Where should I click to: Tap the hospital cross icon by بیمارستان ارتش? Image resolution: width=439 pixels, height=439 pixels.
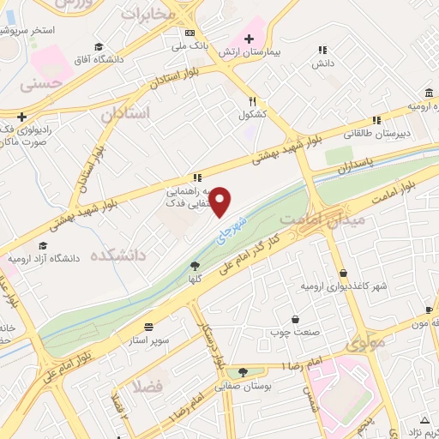249,38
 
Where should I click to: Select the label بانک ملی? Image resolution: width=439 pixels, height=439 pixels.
189,45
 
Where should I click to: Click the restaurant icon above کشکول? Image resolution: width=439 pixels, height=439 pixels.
253,100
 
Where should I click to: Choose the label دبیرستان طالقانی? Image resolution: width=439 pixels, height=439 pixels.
374,133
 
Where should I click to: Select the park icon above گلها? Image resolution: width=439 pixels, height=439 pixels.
195,266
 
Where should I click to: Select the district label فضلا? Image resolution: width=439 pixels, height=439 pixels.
147,387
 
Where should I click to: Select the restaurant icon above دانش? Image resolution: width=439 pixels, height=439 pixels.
322,51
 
